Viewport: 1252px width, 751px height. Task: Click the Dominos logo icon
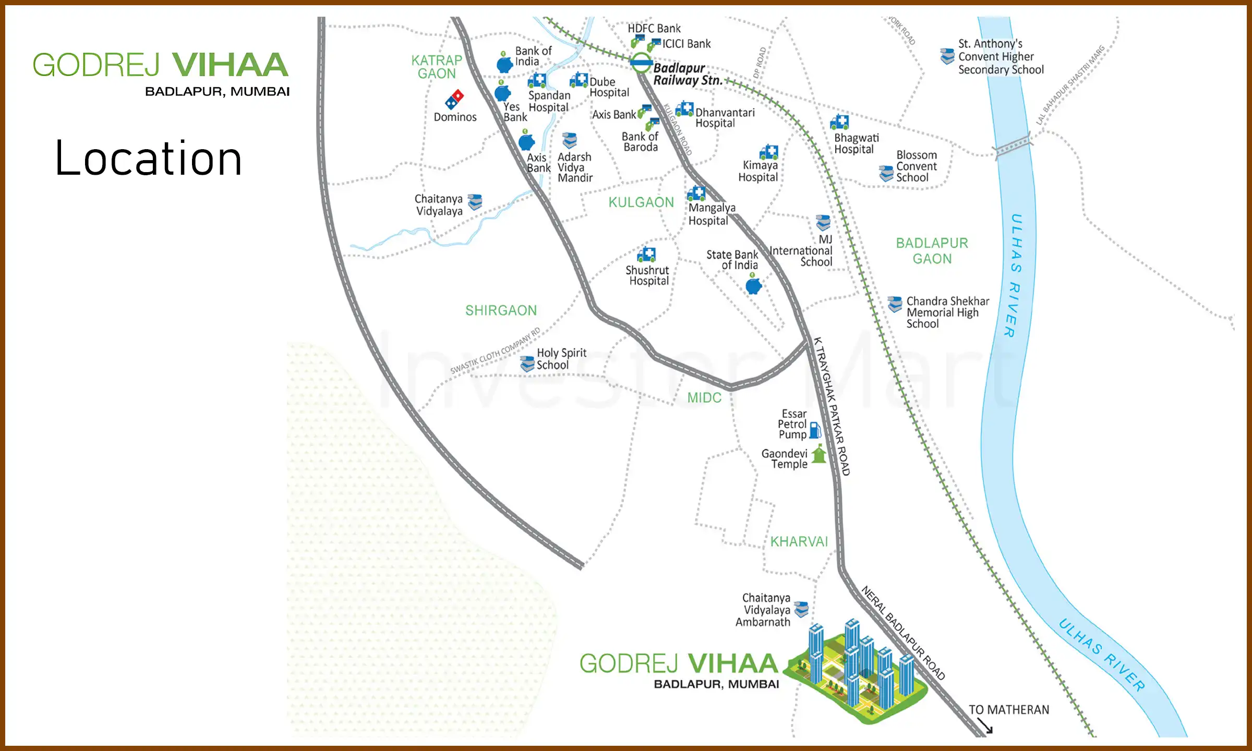(454, 99)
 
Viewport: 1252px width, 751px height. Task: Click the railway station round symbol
(641, 63)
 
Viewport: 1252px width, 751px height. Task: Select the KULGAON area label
(641, 202)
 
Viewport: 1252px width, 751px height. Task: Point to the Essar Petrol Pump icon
(815, 430)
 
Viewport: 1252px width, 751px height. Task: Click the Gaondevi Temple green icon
(819, 454)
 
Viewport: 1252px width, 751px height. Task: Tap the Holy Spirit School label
(561, 359)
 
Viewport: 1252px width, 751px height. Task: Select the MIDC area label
(704, 398)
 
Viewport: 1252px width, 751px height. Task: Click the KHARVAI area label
(799, 542)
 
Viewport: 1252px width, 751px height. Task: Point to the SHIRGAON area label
(501, 311)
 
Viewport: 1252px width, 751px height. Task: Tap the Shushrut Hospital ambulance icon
(646, 255)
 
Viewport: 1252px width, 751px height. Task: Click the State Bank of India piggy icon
(753, 285)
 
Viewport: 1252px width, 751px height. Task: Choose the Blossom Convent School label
(916, 166)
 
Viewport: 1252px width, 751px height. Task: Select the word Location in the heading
(149, 159)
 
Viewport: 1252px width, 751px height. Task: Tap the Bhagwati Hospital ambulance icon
(839, 122)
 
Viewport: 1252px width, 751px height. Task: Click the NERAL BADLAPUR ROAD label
(902, 633)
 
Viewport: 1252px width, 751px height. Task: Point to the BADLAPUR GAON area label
(932, 251)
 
